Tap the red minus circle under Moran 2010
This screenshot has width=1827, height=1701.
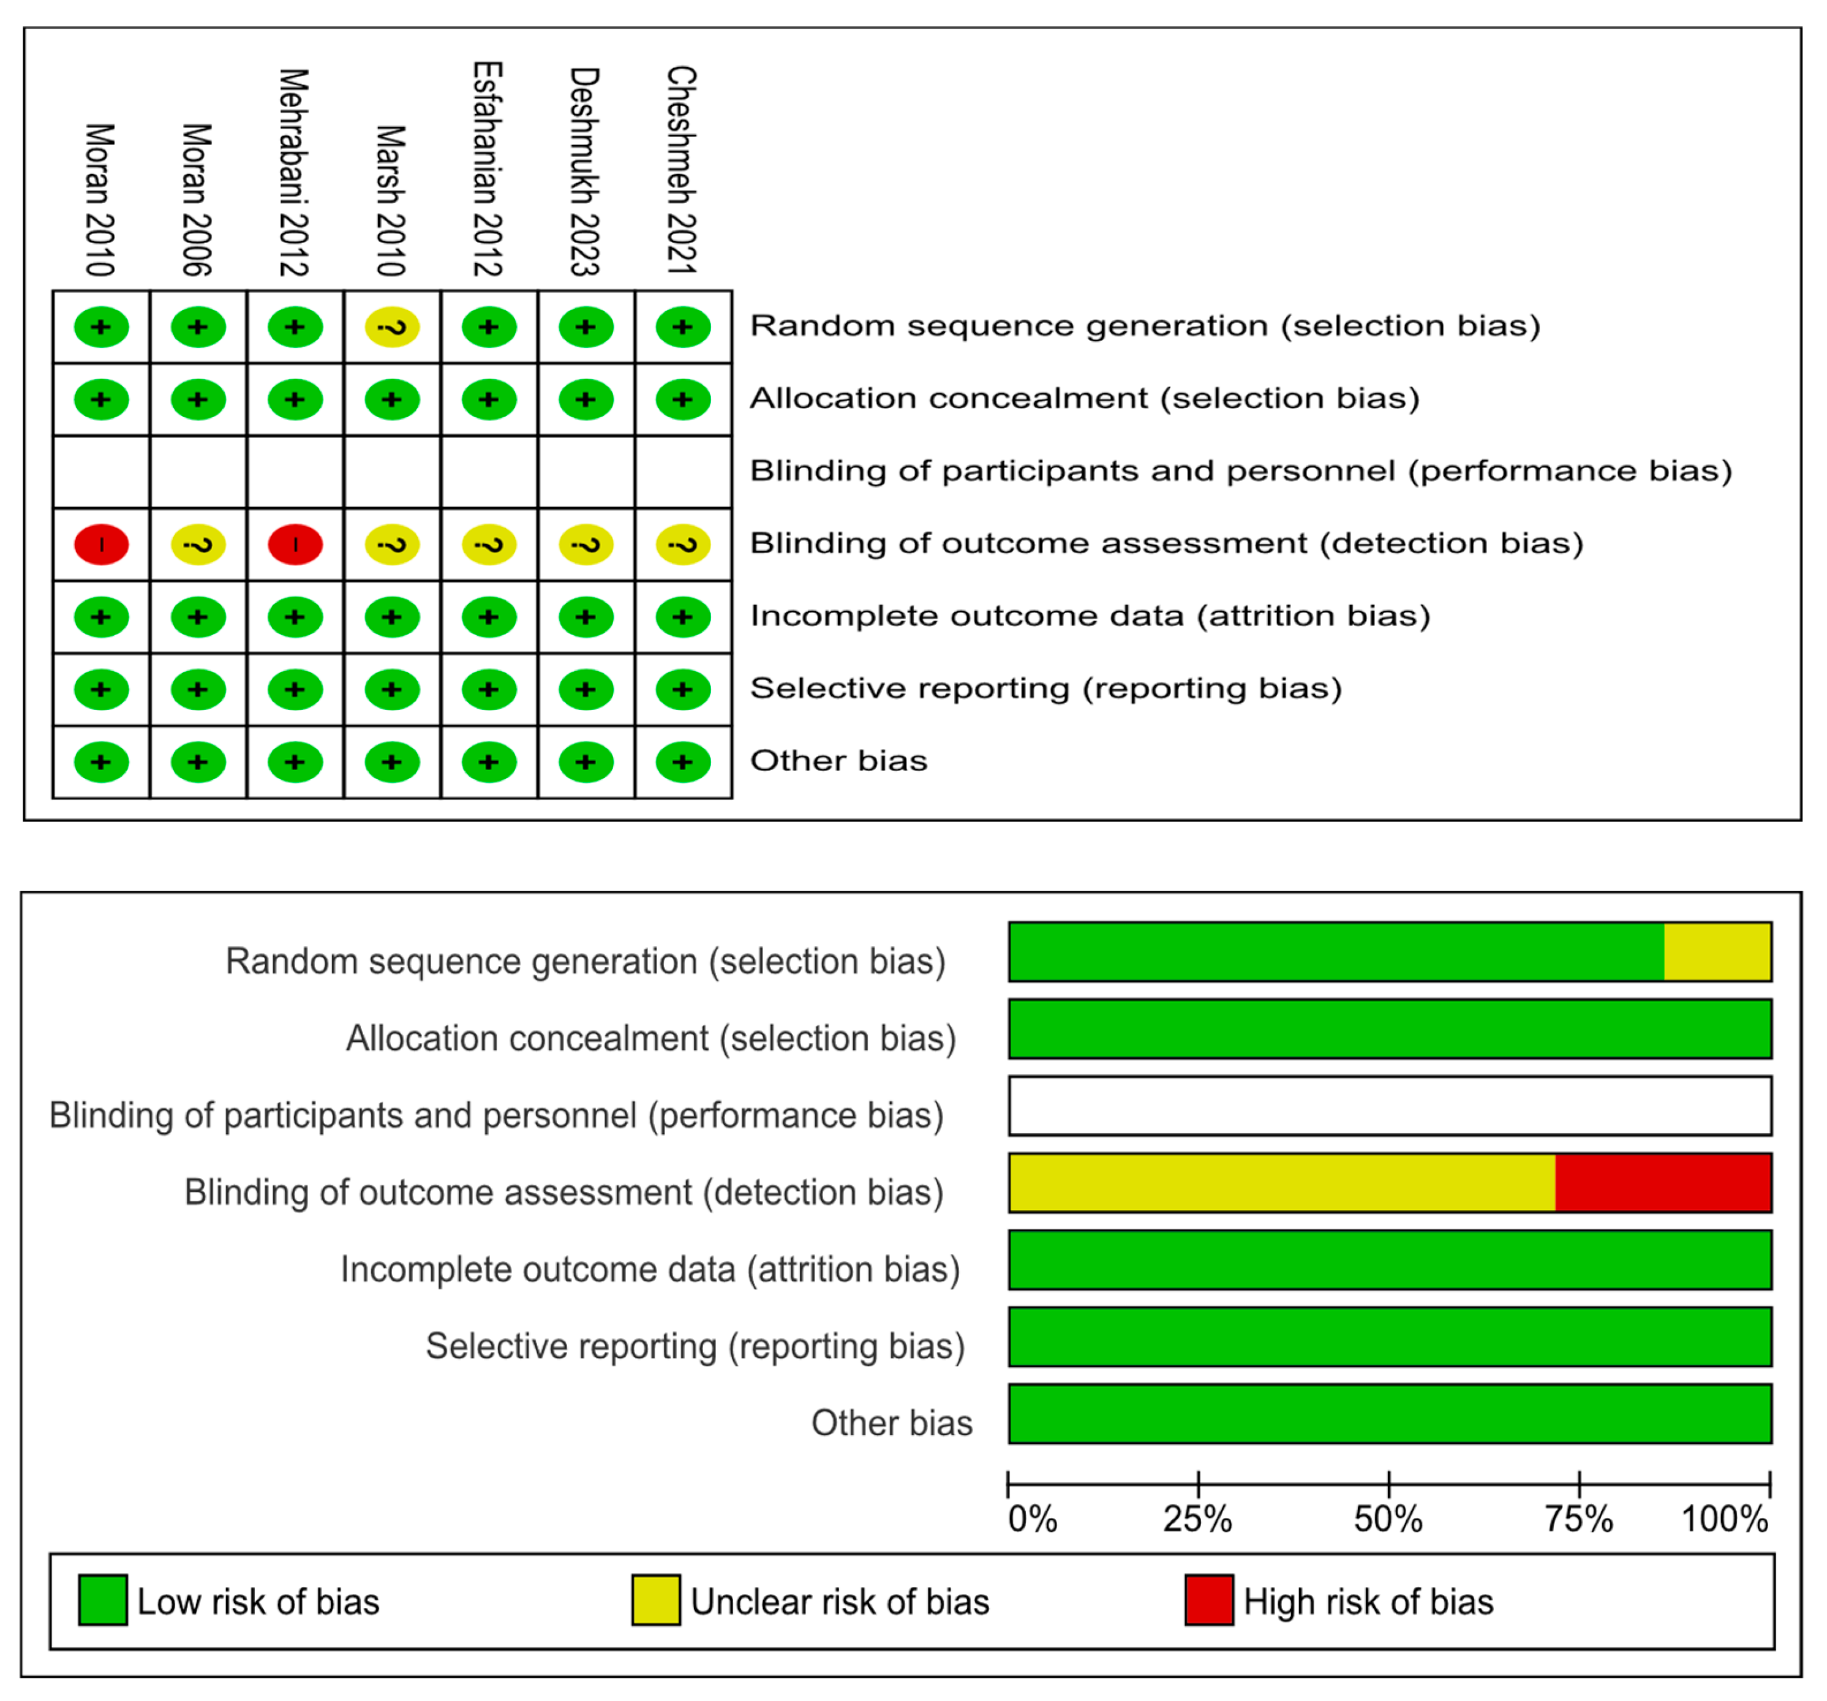pyautogui.click(x=101, y=544)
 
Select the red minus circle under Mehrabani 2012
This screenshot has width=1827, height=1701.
pyautogui.click(x=295, y=544)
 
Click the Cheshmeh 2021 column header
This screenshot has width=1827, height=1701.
pyautogui.click(x=682, y=170)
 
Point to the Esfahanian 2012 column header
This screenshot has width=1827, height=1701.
pyautogui.click(x=488, y=169)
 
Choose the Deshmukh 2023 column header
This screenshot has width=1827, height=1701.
pyautogui.click(x=586, y=171)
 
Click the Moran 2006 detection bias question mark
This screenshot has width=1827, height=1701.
pyautogui.click(x=198, y=544)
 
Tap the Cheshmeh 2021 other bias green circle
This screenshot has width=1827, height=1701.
pyautogui.click(x=682, y=762)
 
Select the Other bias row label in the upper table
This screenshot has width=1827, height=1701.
pyautogui.click(x=838, y=761)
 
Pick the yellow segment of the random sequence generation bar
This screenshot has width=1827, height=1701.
pyautogui.click(x=1717, y=952)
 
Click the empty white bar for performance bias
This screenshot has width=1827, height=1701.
pyautogui.click(x=1390, y=1106)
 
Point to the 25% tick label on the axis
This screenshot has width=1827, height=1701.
pyautogui.click(x=1197, y=1519)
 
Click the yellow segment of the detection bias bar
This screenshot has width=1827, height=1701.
pyautogui.click(x=1282, y=1183)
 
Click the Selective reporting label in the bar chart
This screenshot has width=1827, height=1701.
pyautogui.click(x=695, y=1346)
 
